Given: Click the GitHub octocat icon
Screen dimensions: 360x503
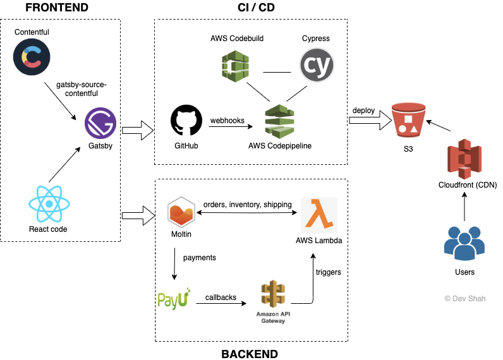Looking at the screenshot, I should point(186,121).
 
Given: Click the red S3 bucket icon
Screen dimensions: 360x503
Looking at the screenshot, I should point(408,119).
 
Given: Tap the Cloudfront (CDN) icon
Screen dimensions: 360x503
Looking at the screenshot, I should point(464,159).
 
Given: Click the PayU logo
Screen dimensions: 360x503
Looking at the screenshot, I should point(174,297).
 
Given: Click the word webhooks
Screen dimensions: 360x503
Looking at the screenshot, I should point(227,121).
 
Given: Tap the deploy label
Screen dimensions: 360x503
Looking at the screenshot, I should point(363,111).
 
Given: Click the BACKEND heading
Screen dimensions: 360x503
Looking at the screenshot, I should point(250,353).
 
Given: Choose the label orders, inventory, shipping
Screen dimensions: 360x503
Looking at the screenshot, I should point(248,204).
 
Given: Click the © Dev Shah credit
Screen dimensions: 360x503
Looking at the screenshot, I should point(464,298).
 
